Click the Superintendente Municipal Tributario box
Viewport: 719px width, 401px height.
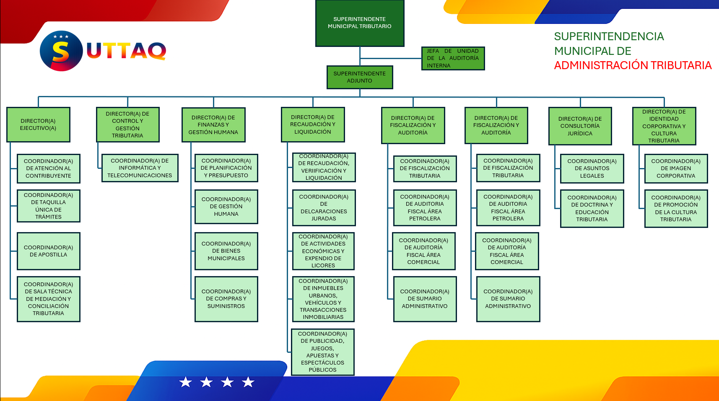(360, 23)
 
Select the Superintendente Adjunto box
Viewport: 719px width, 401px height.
(360, 77)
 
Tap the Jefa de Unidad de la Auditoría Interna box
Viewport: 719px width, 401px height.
(453, 58)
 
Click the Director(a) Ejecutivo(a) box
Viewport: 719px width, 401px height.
(38, 124)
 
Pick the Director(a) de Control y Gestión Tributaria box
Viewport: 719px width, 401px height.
(127, 124)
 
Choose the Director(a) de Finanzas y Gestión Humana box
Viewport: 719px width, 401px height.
(213, 125)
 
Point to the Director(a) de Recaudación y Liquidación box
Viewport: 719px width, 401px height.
(313, 124)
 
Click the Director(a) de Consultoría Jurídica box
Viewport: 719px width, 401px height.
(580, 126)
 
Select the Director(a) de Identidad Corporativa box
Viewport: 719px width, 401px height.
(664, 126)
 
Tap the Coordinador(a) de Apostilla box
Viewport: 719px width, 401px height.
(48, 251)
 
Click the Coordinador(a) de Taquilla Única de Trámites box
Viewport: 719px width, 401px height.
(48, 206)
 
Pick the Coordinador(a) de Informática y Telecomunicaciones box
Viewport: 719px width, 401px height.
(140, 168)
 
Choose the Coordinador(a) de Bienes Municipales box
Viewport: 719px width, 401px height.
(226, 251)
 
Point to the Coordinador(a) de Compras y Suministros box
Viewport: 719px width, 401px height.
(226, 299)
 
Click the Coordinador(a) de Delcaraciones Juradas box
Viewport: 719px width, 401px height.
(324, 207)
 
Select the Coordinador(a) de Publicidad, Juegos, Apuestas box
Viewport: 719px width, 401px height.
(323, 352)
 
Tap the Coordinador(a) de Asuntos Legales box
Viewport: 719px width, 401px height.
(592, 168)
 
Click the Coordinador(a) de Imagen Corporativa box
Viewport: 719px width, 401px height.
(676, 168)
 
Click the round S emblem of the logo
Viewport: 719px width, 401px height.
(61, 51)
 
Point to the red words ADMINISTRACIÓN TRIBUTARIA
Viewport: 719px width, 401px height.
(633, 65)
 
